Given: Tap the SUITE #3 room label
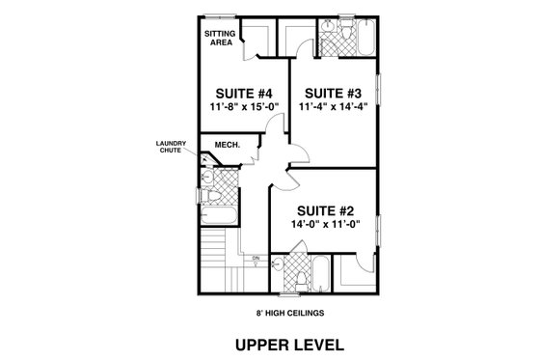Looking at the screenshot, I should click(x=335, y=93).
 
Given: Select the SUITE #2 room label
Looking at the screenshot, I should click(x=323, y=210).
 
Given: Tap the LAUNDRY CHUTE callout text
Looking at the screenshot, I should click(x=172, y=149).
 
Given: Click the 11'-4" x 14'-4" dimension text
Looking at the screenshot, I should click(x=335, y=107).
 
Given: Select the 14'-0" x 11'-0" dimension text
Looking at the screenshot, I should click(x=323, y=225).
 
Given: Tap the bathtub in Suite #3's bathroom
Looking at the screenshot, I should click(x=367, y=39).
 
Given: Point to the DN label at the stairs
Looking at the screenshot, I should click(x=256, y=259).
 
